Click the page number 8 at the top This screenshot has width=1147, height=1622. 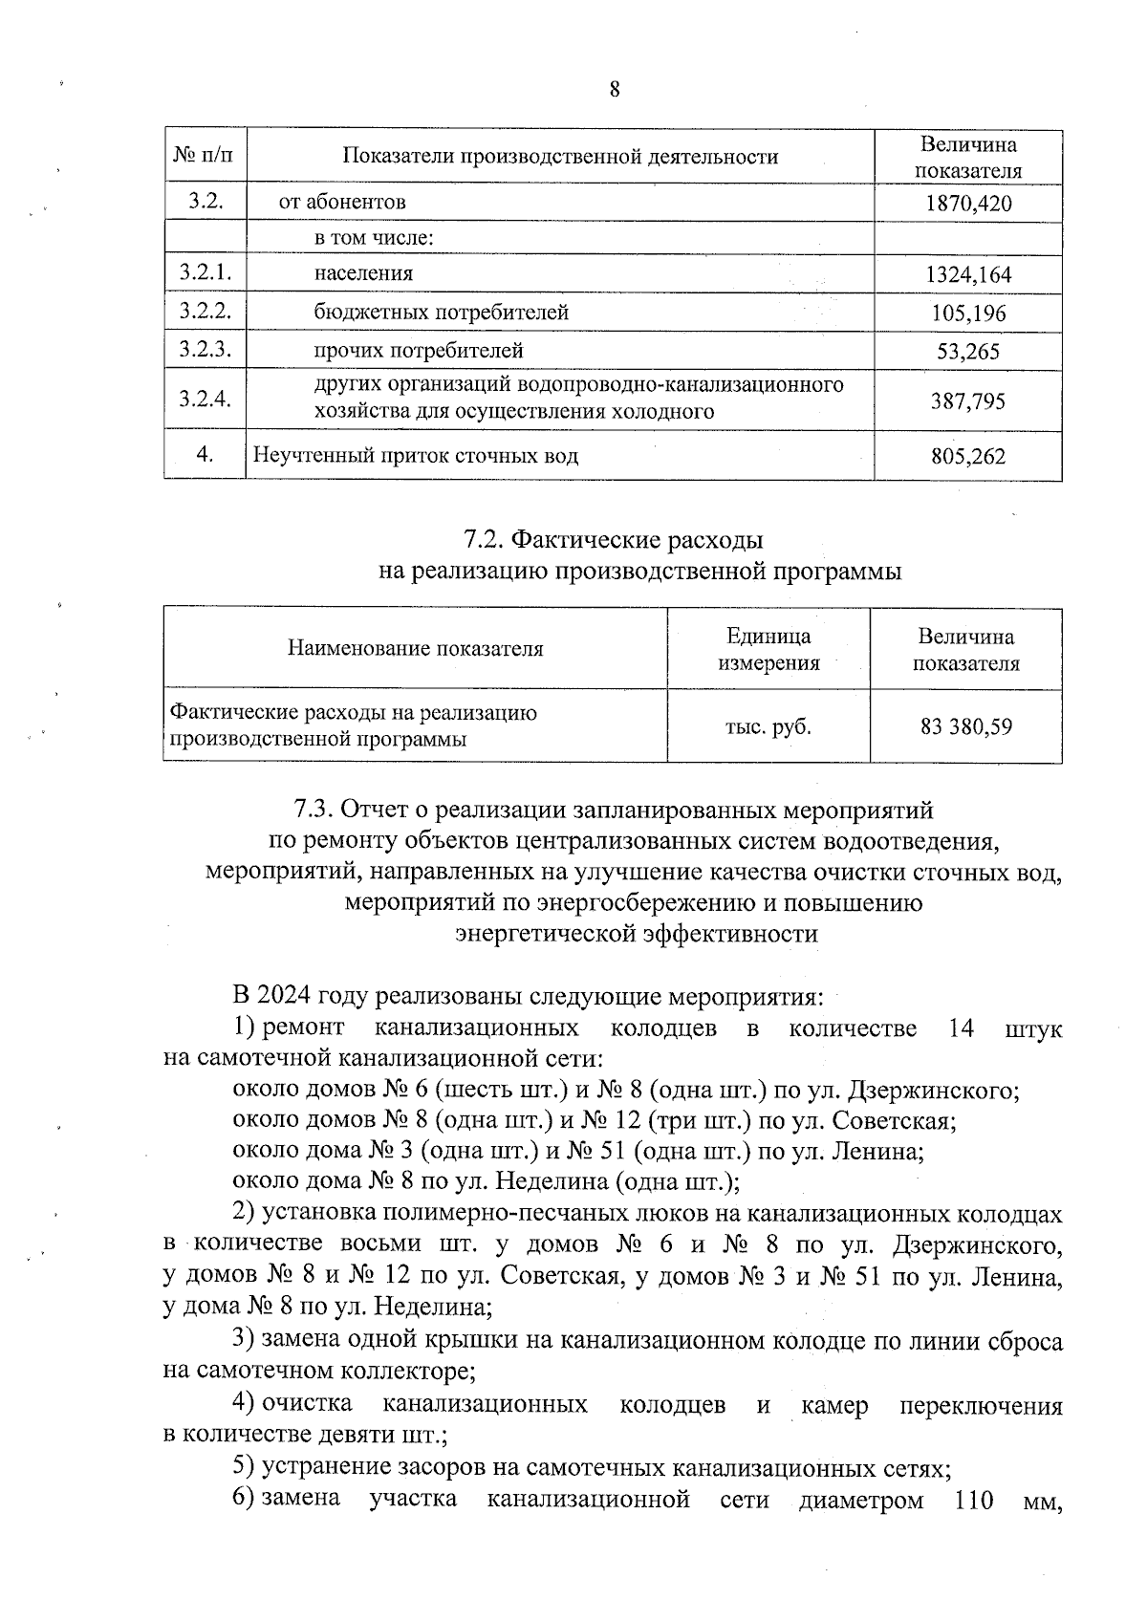pos(614,90)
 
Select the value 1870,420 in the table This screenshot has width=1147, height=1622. pos(968,204)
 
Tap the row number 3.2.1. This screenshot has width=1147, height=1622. pos(205,273)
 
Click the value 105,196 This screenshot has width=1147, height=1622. pos(968,314)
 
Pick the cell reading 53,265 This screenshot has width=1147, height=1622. pos(968,352)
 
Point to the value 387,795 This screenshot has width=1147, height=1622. pos(968,401)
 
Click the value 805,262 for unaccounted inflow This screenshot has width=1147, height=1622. pos(968,457)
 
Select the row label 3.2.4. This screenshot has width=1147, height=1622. pos(205,400)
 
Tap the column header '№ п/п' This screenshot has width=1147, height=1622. pos(205,156)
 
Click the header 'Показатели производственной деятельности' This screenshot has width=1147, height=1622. pos(560,157)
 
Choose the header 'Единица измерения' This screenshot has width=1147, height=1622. pos(768,650)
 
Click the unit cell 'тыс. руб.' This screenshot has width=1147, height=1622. pos(768,727)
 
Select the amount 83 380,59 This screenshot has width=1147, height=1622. pos(965,727)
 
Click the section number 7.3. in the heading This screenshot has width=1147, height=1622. pos(314,811)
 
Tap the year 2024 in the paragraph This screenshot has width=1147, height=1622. pos(285,996)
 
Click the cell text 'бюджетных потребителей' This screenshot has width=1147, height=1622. pos(442,313)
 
